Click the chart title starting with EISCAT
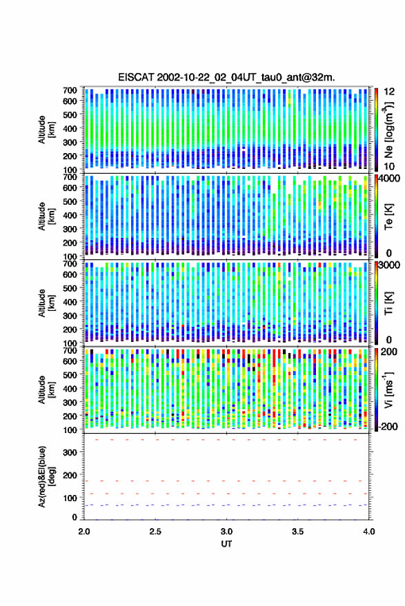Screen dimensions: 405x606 click(x=227, y=77)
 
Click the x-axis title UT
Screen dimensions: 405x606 click(x=227, y=544)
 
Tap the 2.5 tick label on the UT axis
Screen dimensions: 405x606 click(x=155, y=532)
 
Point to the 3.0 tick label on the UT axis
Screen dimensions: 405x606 click(x=227, y=532)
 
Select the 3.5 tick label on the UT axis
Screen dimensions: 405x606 click(x=298, y=532)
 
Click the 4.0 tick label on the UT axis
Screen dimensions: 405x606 click(x=368, y=532)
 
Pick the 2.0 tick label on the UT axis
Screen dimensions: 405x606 click(x=84, y=532)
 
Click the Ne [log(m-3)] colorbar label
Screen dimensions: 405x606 click(x=388, y=130)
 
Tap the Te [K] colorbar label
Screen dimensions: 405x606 click(x=388, y=216)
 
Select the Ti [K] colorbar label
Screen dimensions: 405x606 click(x=388, y=303)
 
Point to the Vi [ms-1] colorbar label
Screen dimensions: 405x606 click(x=388, y=390)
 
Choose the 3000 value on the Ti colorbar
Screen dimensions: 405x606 click(x=390, y=265)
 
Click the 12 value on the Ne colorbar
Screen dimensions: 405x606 click(x=390, y=92)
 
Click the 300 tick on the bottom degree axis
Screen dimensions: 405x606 click(x=70, y=452)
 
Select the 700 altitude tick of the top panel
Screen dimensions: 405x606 click(x=70, y=90)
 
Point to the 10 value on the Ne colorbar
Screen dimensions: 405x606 click(x=390, y=167)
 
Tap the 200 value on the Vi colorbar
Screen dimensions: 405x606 click(x=389, y=352)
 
